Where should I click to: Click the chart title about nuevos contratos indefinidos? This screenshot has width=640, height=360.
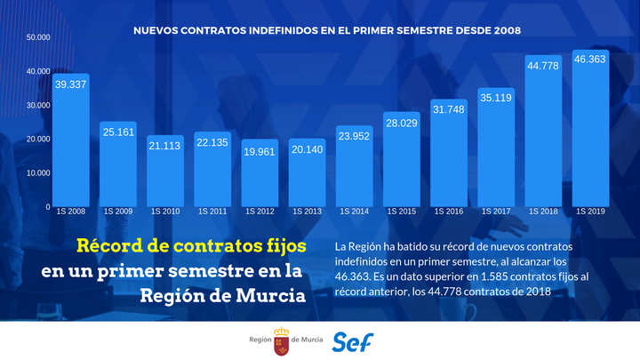326,29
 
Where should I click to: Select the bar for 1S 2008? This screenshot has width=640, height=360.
71,142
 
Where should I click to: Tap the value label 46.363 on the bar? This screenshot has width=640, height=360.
590,59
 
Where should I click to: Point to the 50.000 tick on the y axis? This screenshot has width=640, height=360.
38,38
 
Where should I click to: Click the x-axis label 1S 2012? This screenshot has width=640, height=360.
260,212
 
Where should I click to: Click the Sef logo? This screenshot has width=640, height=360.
353,340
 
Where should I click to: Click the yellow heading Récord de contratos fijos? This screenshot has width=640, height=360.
190,244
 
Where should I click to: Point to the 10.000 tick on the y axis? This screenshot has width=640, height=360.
38,172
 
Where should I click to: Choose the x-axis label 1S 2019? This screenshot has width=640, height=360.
590,212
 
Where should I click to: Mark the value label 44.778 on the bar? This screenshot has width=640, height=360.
543,65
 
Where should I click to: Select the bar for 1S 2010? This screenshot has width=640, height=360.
165,173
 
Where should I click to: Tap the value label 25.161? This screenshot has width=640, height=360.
118,132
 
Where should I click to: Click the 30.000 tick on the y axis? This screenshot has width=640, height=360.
38,105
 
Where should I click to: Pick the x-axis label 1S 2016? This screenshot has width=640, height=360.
449,212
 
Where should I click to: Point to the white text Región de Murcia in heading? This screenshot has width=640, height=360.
222,295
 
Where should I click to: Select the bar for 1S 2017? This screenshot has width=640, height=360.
496,151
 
